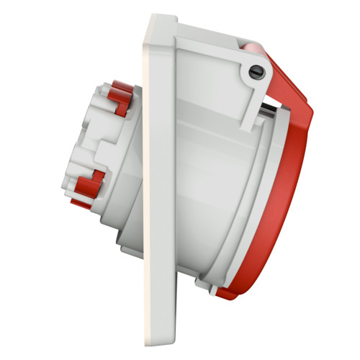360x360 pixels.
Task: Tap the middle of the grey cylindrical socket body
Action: coord(209,187)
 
